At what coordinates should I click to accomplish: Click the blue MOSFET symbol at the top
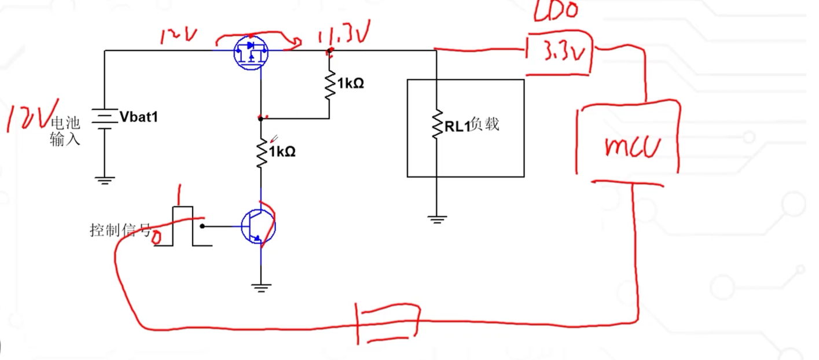(x=251, y=52)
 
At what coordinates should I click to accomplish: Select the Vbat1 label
(x=138, y=117)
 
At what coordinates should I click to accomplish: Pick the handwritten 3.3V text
(x=560, y=55)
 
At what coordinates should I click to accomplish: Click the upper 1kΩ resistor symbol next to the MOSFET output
(x=329, y=84)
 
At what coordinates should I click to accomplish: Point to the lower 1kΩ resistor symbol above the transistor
(x=260, y=153)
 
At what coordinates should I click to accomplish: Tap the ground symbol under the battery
(x=104, y=180)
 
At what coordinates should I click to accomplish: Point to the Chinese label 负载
(x=484, y=125)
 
